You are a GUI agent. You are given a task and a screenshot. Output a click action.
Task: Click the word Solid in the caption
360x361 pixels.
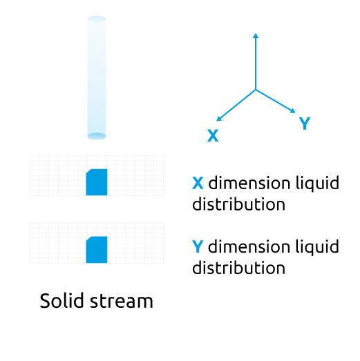tap(61, 300)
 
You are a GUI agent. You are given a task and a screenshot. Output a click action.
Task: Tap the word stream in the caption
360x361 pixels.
tap(122, 302)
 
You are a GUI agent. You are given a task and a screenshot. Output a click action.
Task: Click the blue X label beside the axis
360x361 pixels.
tap(213, 135)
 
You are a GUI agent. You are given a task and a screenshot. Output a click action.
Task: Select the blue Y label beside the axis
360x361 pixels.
tap(305, 123)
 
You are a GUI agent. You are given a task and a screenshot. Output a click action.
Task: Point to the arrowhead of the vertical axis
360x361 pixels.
tap(256, 35)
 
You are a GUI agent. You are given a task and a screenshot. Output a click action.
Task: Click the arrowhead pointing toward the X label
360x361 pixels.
tap(218, 119)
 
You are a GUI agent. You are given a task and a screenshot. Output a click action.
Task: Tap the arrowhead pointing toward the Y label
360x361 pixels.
tap(293, 110)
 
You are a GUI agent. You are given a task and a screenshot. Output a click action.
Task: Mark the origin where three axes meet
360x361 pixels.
tap(256, 90)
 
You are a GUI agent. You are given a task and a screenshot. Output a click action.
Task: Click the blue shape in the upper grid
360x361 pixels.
tap(97, 182)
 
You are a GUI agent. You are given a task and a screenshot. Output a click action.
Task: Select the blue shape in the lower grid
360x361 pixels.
tap(97, 250)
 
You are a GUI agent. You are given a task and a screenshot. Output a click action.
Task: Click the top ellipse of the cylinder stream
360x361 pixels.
tap(97, 19)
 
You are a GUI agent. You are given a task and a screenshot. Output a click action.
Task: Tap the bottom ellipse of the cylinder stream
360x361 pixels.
tap(97, 136)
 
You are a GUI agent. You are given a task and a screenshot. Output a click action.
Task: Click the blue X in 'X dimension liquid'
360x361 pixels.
tap(198, 183)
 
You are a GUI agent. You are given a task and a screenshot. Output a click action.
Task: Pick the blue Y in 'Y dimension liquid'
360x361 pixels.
tap(198, 246)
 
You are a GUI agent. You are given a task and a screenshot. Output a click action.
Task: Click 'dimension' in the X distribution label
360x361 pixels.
tap(249, 183)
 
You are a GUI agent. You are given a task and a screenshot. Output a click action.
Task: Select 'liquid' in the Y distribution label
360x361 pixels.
tap(317, 248)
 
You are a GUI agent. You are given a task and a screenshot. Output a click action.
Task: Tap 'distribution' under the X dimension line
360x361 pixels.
tap(239, 204)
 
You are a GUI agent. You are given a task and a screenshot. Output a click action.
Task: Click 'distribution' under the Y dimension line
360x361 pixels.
tap(239, 268)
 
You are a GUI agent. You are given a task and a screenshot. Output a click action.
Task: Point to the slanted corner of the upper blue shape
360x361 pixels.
tap(89, 171)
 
